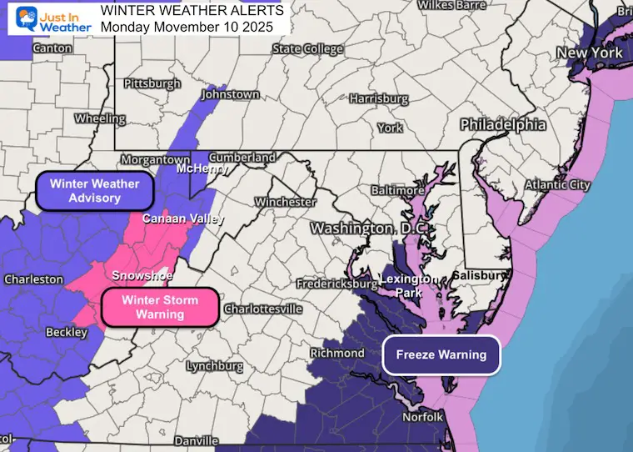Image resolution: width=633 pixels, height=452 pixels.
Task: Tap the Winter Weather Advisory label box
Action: tap(94, 191)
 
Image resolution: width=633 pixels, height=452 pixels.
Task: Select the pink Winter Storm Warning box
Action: tap(159, 307)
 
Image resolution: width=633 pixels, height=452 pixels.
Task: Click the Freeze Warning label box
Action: tap(441, 354)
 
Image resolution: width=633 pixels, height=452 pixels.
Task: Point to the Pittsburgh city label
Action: tap(152, 83)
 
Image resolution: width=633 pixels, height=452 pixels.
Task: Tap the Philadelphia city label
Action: tap(503, 125)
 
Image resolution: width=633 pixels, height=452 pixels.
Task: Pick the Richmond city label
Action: tap(336, 353)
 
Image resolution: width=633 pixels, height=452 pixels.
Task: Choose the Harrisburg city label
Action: tap(378, 98)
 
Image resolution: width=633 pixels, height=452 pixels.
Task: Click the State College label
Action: tap(307, 49)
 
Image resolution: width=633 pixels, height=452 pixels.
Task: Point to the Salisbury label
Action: tap(479, 275)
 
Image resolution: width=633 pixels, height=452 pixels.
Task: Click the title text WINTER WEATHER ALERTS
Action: tap(192, 10)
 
